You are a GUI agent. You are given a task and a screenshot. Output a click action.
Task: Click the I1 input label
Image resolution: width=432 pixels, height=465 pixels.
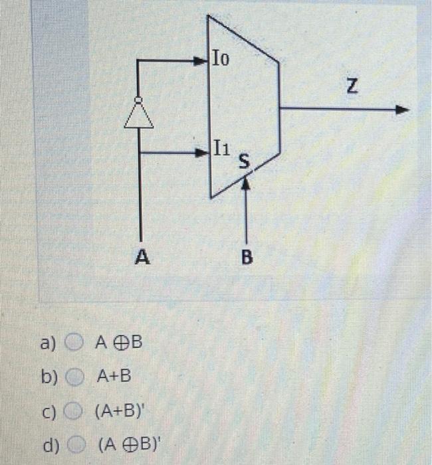pyautogui.click(x=222, y=147)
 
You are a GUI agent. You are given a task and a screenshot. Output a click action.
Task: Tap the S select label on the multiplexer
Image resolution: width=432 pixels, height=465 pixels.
pyautogui.click(x=244, y=161)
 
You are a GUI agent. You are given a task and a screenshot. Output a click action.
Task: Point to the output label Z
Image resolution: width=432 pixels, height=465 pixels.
pyautogui.click(x=352, y=85)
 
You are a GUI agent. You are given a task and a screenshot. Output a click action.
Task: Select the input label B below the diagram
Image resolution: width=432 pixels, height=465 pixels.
pyautogui.click(x=247, y=257)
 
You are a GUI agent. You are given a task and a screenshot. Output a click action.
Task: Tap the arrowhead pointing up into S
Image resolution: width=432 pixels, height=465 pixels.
pyautogui.click(x=246, y=185)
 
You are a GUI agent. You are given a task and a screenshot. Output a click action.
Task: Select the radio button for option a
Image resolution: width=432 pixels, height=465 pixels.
pyautogui.click(x=75, y=343)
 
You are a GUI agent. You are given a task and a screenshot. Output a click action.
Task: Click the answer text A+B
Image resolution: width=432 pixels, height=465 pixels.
pyautogui.click(x=114, y=377)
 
